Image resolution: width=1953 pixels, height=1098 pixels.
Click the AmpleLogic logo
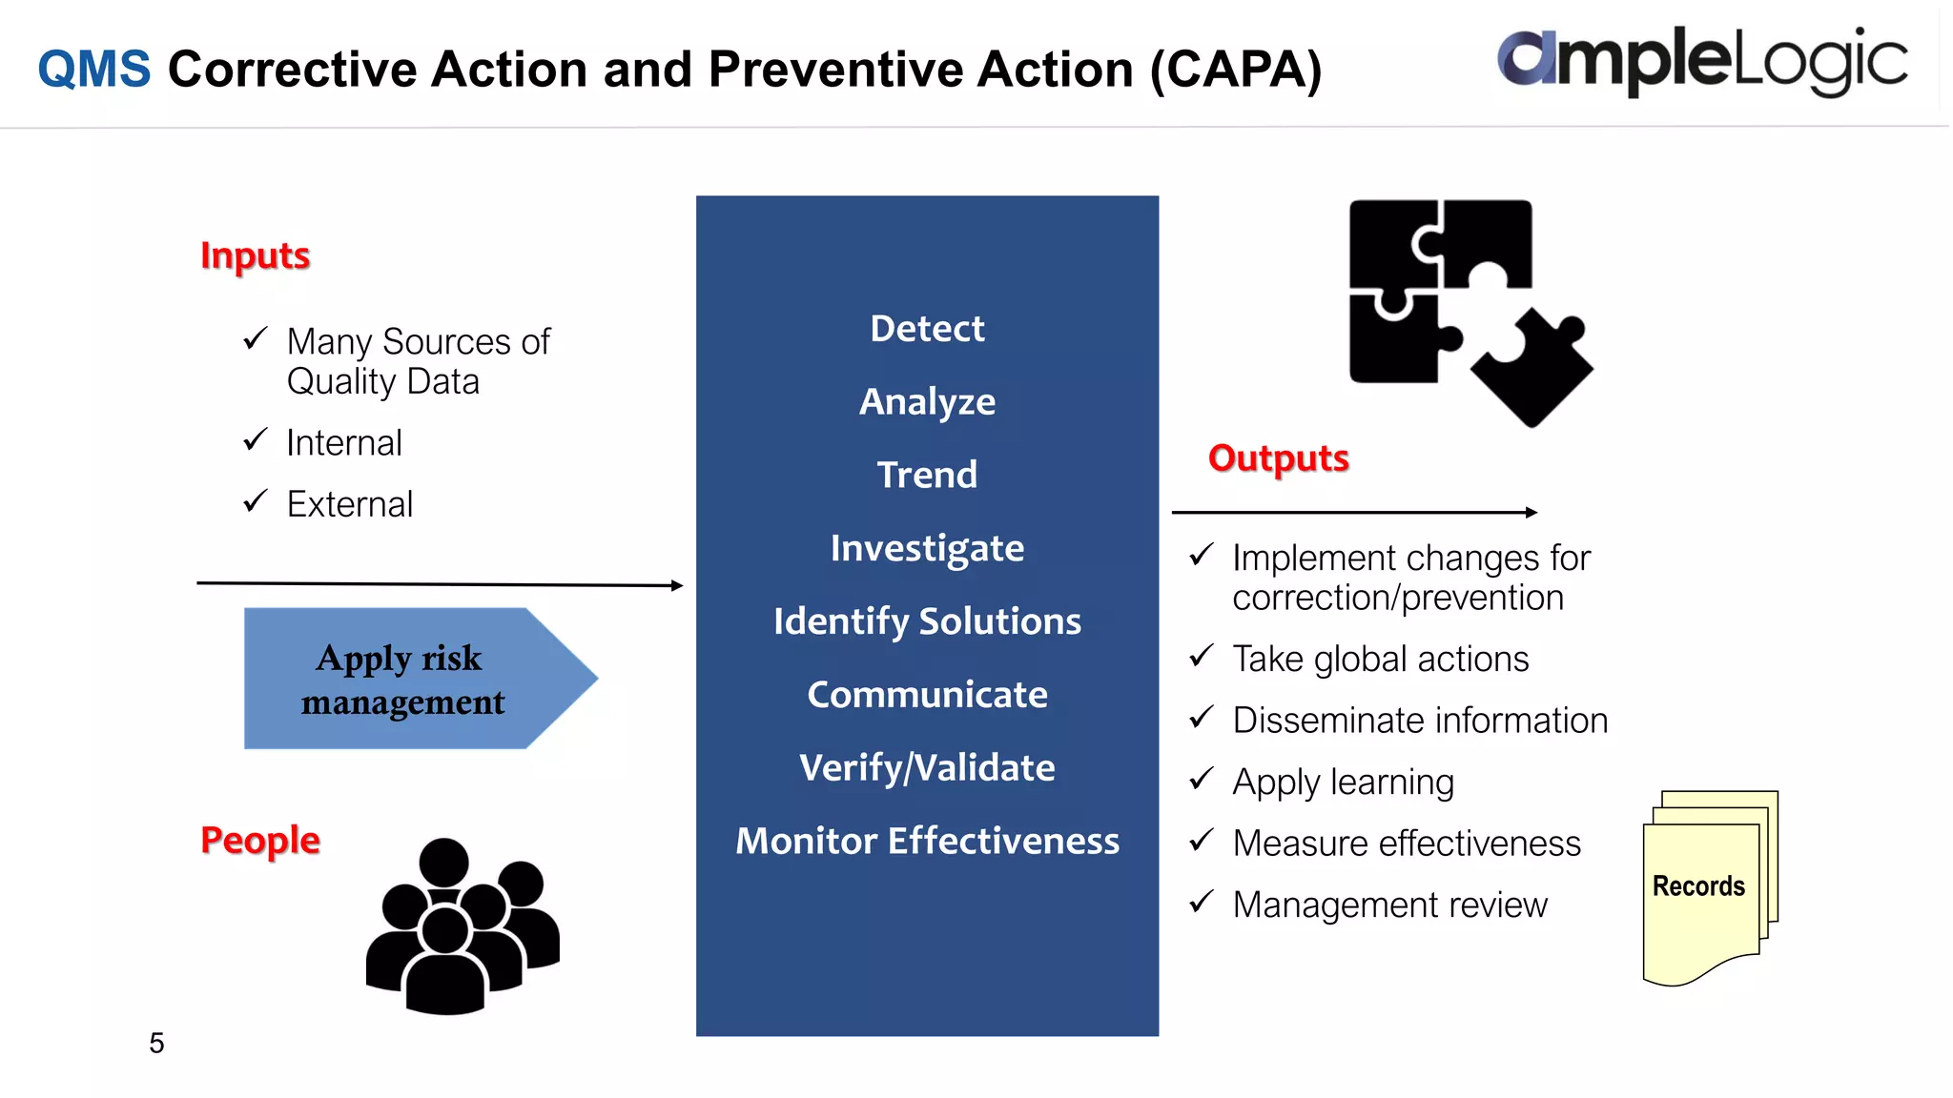tap(1702, 61)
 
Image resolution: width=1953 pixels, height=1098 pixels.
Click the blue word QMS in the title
tap(93, 70)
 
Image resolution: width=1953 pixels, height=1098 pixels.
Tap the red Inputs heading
tap(255, 255)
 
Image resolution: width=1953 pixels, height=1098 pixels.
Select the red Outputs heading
tap(1278, 458)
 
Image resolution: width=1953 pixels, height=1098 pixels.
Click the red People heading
tap(259, 840)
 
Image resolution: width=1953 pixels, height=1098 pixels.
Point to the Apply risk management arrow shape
tap(410, 679)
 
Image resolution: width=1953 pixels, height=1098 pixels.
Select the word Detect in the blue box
tap(927, 329)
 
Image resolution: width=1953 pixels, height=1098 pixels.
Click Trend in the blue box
tap(927, 475)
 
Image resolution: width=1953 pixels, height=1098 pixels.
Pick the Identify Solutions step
tap(927, 621)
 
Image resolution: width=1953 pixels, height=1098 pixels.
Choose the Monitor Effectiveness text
tap(927, 841)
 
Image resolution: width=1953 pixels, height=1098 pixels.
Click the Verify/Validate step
tap(927, 767)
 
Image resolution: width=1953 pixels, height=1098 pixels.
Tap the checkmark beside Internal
tap(255, 439)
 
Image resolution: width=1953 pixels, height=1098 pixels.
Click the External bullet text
tap(349, 504)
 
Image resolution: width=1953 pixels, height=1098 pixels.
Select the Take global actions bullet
tap(1380, 660)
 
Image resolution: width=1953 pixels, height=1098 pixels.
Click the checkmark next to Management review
tap(1202, 901)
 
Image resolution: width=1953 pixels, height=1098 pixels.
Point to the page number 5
tap(156, 1043)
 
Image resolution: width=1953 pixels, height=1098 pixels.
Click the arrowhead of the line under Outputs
tap(1532, 513)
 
